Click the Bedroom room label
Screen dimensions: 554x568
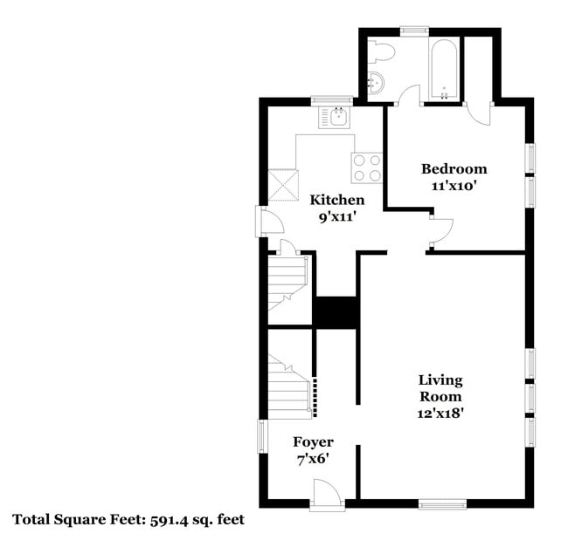point(454,168)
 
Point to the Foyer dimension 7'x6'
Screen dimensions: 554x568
point(312,459)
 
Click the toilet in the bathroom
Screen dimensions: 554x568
point(382,52)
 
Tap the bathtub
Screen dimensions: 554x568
point(444,69)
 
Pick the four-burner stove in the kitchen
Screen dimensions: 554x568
point(367,167)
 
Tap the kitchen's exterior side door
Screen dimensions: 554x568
point(268,222)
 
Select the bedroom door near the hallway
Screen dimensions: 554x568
point(440,229)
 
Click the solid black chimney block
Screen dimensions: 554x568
point(336,312)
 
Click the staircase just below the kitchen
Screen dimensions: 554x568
point(287,281)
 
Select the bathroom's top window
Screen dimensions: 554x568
point(413,32)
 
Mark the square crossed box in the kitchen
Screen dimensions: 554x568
point(283,184)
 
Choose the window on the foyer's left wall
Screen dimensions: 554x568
point(261,436)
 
